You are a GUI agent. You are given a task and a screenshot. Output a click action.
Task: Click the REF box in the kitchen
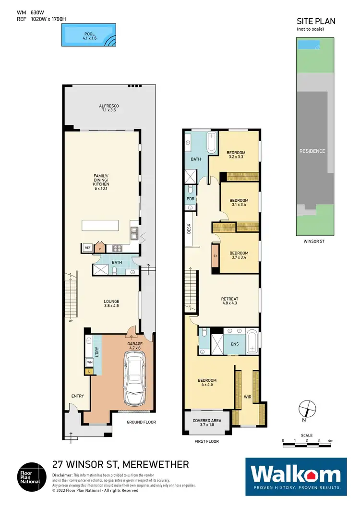click(87, 248)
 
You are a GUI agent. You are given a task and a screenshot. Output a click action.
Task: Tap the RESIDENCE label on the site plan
click(313, 151)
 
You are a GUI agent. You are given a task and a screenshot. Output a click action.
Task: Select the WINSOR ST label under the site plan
click(314, 241)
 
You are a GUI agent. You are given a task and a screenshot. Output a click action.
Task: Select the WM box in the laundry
click(89, 362)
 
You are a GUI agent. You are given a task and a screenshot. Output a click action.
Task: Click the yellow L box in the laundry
click(89, 371)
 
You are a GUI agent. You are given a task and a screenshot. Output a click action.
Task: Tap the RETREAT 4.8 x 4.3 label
click(230, 301)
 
